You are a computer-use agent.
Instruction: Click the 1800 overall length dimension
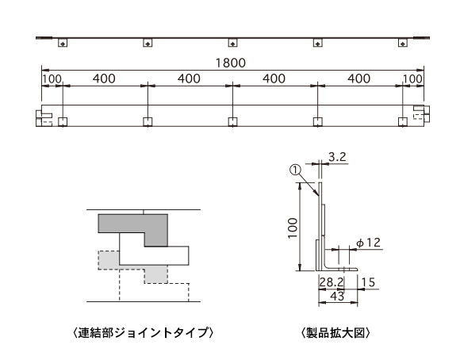pos(231,63)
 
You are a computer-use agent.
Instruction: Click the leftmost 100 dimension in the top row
pos(52,79)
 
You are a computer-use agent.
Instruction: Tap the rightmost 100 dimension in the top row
pos(412,79)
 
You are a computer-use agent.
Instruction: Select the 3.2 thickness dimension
pos(337,157)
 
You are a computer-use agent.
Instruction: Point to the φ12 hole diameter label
pos(369,243)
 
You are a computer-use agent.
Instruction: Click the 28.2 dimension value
pos(332,282)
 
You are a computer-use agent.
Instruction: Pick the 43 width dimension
pos(337,296)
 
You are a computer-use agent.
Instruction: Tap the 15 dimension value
pos(368,282)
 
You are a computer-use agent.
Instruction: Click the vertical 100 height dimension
pos(293,228)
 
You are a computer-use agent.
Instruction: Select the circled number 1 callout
pos(295,170)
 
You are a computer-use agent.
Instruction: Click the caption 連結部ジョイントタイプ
pos(143,333)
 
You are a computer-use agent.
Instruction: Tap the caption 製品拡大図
pos(335,333)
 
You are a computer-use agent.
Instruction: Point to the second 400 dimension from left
pos(189,79)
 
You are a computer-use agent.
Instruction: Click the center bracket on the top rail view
pos(232,43)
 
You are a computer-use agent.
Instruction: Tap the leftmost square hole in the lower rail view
pos(63,122)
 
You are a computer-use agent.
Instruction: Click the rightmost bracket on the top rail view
pos(403,43)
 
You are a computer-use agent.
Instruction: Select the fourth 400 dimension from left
pos(359,79)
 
